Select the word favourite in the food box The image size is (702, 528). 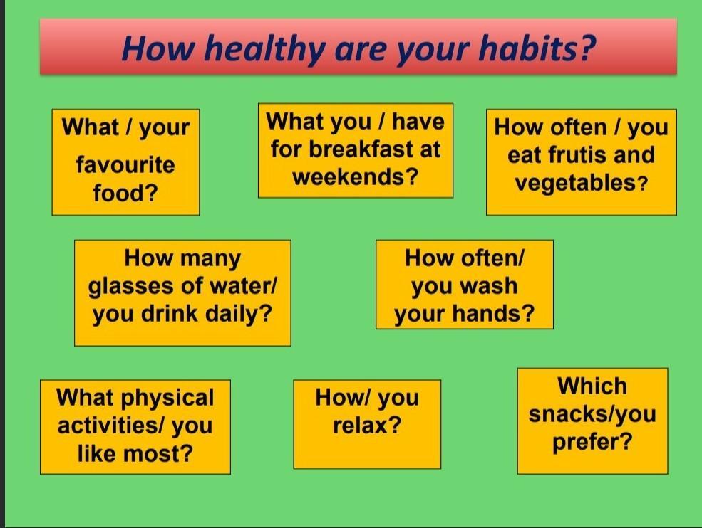click(125, 165)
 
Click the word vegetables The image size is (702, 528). click(576, 183)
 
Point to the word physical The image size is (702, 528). click(167, 398)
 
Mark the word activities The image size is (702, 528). click(108, 425)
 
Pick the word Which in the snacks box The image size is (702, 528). click(592, 386)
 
